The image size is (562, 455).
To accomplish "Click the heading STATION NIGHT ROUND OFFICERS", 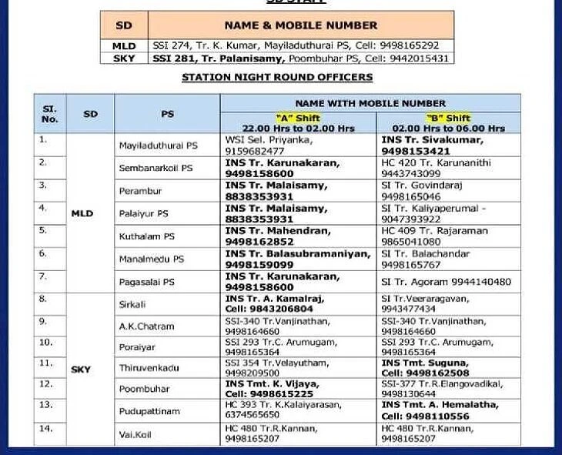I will (276, 77).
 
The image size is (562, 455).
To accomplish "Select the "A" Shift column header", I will (297, 123).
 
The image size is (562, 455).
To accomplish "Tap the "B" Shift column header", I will (448, 123).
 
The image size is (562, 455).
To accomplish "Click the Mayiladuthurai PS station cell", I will (158, 146).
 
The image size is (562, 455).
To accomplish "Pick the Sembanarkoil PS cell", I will (156, 168).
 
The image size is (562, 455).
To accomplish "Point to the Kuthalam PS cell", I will (146, 236).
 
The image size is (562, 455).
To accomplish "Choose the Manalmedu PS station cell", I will (152, 259).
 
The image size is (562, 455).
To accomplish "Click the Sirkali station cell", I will (132, 304).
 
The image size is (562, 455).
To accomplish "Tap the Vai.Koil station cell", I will (135, 435).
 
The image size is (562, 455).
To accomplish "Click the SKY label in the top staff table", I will (123, 59).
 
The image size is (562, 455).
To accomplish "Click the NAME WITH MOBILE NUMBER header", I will (370, 103).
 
